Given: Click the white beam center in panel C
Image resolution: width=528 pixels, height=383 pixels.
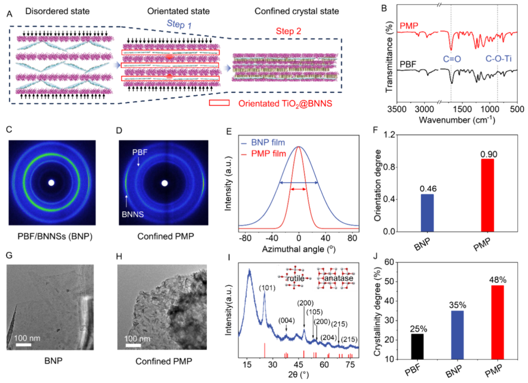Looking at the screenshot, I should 51,183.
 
